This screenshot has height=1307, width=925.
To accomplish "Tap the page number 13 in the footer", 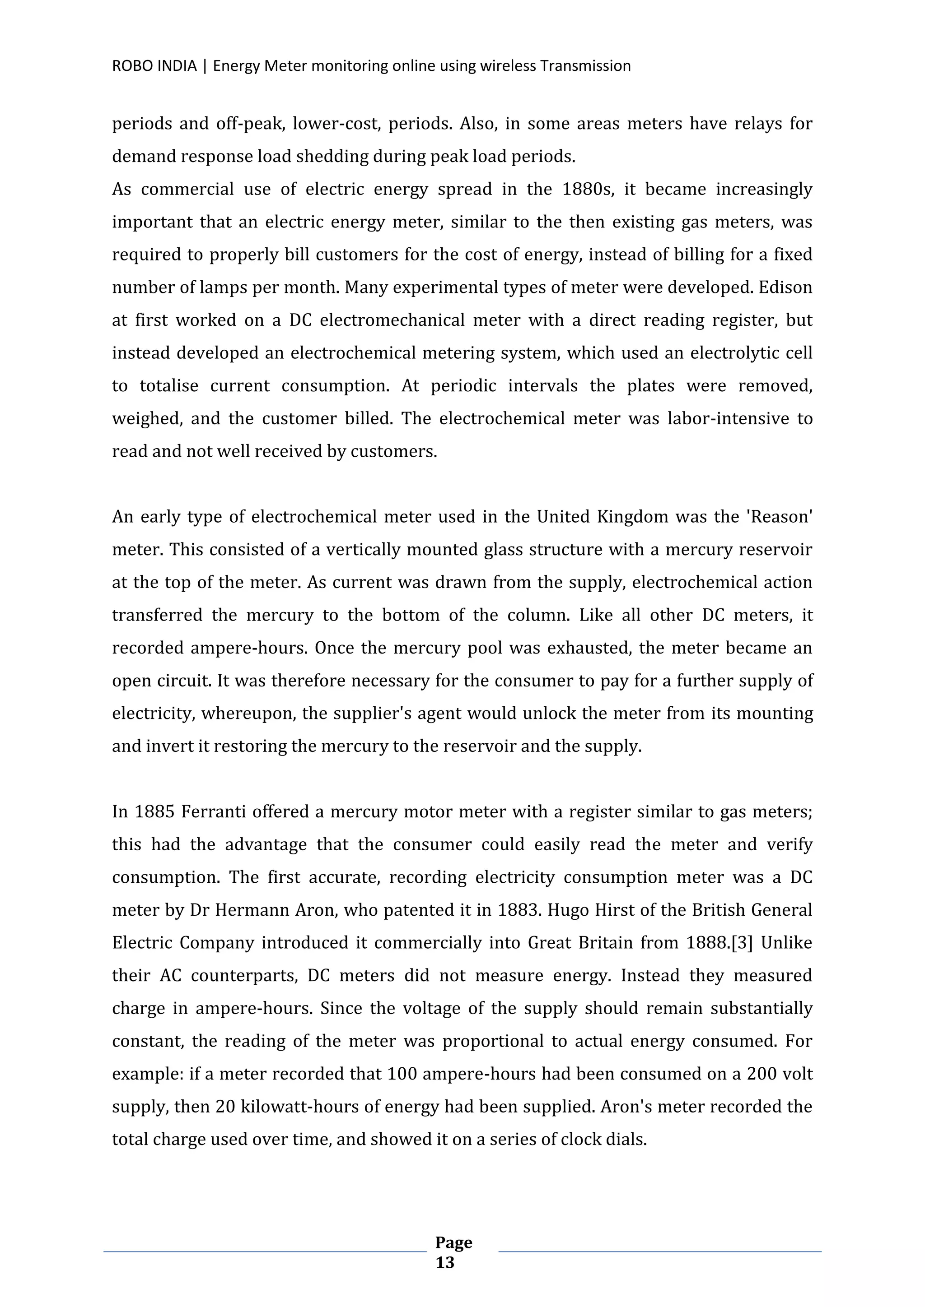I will [x=445, y=1263].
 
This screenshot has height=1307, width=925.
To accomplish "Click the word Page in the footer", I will [x=453, y=1242].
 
